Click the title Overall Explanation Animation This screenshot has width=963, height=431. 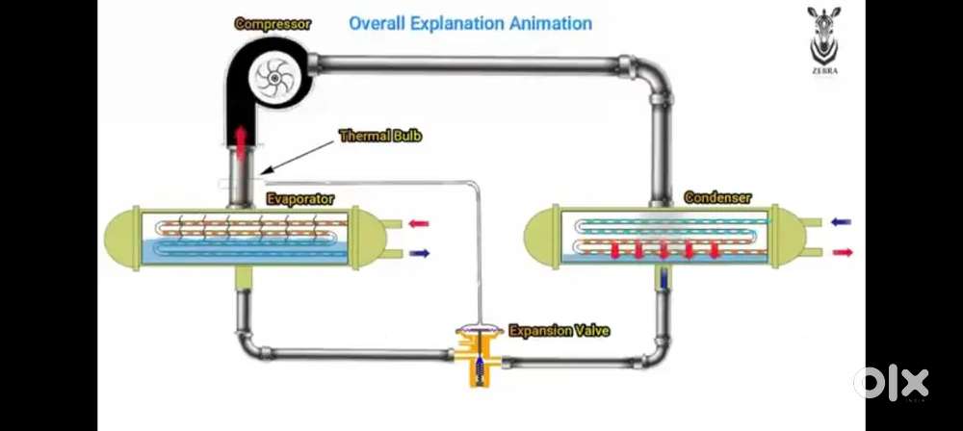(x=470, y=22)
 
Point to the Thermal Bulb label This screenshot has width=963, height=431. (x=380, y=137)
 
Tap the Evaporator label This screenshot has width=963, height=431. (x=300, y=199)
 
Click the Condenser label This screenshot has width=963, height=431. (x=717, y=198)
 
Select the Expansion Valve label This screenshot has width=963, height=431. (x=559, y=331)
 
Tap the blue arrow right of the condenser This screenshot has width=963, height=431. (x=841, y=221)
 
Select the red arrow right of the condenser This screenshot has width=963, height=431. (x=841, y=251)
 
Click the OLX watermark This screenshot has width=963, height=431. (x=891, y=383)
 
